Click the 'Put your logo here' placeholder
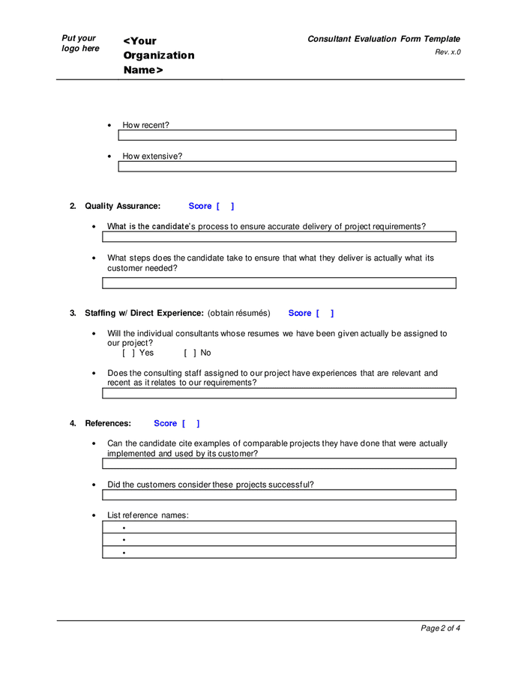(x=80, y=43)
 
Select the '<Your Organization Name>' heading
(x=158, y=55)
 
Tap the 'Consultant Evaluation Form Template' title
(x=383, y=39)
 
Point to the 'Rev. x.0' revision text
(x=448, y=52)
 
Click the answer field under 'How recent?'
(x=287, y=136)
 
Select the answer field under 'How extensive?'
(x=287, y=167)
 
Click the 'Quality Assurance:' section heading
(x=122, y=206)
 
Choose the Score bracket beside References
(x=190, y=423)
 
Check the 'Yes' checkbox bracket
(x=129, y=353)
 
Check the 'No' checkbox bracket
(x=190, y=353)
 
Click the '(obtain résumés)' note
(x=238, y=313)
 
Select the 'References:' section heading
(x=108, y=423)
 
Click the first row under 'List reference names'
(x=279, y=527)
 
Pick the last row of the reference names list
(x=279, y=553)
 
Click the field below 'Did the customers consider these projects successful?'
(x=279, y=495)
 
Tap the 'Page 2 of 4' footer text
(x=440, y=628)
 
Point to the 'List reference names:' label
(x=148, y=515)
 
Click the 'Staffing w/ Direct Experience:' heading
(x=144, y=313)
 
